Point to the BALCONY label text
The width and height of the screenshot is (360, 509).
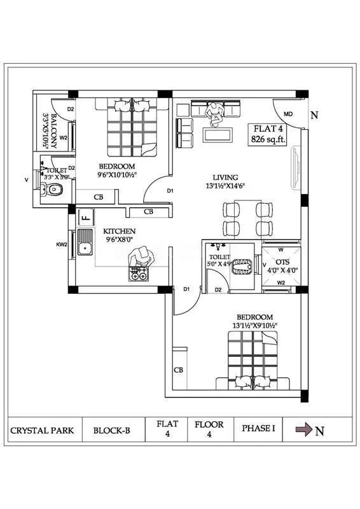tap(53, 131)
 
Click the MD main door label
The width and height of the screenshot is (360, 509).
tap(288, 115)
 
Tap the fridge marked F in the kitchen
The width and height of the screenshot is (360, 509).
tap(85, 217)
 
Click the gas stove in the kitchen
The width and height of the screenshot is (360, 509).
tap(139, 274)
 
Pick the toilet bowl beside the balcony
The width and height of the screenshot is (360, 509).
tap(54, 189)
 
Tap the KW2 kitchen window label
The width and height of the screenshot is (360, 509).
tap(61, 244)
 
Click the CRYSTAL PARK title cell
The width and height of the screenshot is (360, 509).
tap(42, 430)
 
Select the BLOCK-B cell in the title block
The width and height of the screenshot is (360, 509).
tap(112, 430)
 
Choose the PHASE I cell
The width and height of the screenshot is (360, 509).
tap(258, 429)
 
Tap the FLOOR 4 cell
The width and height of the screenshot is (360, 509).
tap(209, 429)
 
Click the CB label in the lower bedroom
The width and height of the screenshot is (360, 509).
tap(179, 370)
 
